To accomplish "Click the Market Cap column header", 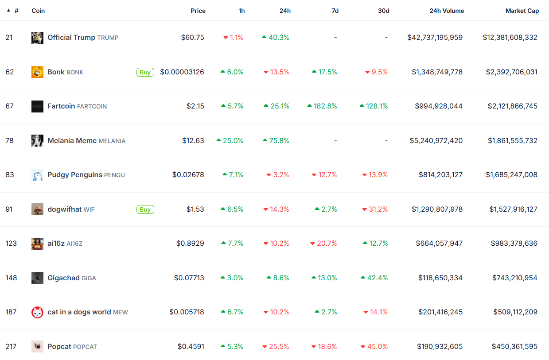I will pyautogui.click(x=522, y=11).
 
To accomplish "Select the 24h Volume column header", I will pyautogui.click(x=447, y=11).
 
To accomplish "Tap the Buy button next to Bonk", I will pyautogui.click(x=145, y=72).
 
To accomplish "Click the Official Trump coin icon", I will pyautogui.click(x=37, y=38).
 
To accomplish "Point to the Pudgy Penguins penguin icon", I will pyautogui.click(x=37, y=175).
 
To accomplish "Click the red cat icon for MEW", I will pyautogui.click(x=37, y=312).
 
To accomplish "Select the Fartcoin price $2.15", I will pyautogui.click(x=195, y=106).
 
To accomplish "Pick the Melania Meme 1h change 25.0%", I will pyautogui.click(x=230, y=141).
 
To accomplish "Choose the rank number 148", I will pyautogui.click(x=11, y=278).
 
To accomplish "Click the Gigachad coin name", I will pyautogui.click(x=63, y=278).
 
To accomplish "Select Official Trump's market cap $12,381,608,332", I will pyautogui.click(x=510, y=38).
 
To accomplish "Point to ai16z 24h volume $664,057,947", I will pyautogui.click(x=439, y=244).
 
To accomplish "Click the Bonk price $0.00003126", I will pyautogui.click(x=182, y=72).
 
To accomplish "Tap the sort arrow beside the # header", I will pyautogui.click(x=8, y=11).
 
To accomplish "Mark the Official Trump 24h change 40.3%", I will pyautogui.click(x=276, y=38).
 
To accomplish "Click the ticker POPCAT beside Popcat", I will pyautogui.click(x=85, y=347).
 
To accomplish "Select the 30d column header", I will pyautogui.click(x=383, y=11).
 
